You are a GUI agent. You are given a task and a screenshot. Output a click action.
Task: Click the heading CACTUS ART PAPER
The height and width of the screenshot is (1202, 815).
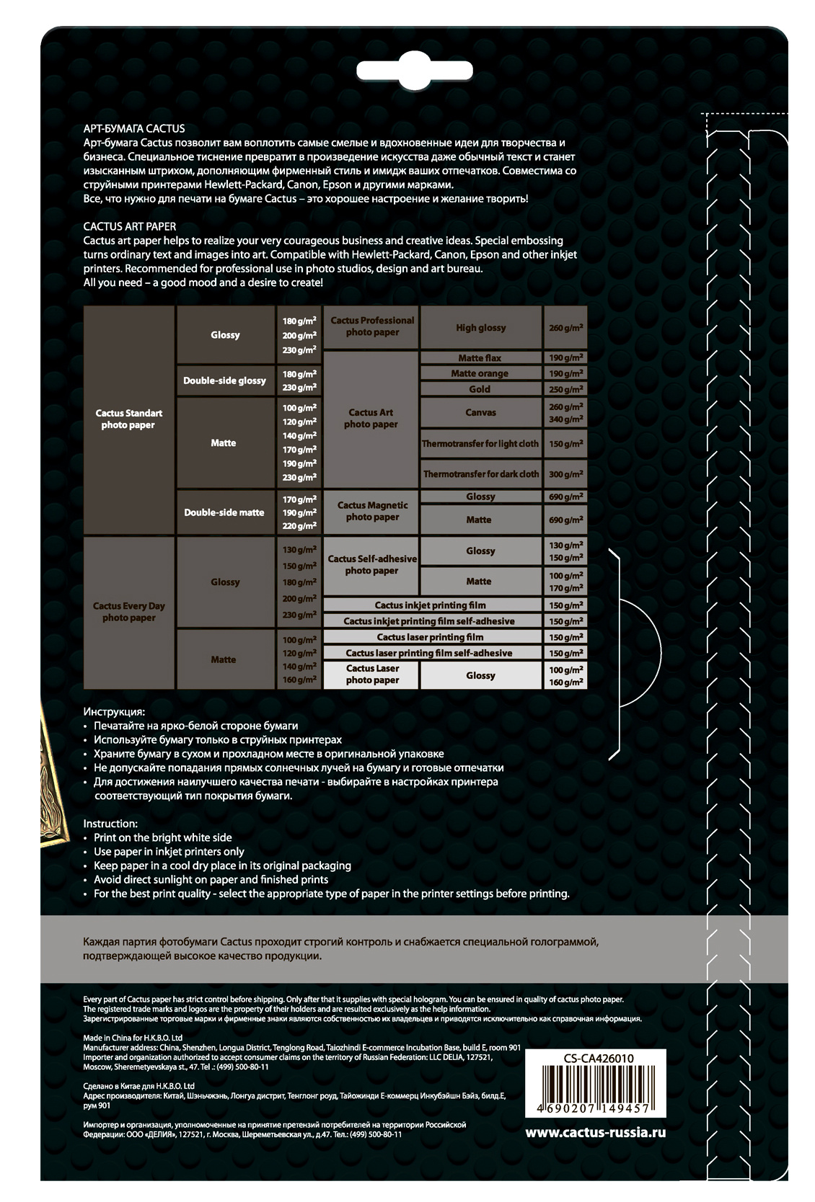129,226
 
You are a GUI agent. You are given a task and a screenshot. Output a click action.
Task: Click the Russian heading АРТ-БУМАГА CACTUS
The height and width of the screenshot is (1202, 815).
134,128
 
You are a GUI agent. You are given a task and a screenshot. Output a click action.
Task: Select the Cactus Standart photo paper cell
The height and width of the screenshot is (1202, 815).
128,419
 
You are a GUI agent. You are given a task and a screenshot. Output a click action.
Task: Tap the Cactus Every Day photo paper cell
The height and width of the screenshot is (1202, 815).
128,612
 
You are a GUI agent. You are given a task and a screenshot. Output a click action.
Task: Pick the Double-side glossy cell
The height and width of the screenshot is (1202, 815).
224,380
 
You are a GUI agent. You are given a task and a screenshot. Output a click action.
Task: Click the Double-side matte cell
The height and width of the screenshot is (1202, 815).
224,512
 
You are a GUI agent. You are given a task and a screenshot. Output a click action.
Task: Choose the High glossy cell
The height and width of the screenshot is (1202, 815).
480,328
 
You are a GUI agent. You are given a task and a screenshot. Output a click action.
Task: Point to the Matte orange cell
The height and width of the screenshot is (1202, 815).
480,373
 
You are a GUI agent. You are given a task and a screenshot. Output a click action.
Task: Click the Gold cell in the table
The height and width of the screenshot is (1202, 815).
480,389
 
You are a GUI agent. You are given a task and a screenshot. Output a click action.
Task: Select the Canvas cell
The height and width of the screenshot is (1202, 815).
480,413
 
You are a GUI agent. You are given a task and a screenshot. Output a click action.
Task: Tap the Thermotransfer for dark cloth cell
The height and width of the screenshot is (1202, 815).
480,474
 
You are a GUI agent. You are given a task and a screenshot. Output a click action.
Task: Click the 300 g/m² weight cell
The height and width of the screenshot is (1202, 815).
565,474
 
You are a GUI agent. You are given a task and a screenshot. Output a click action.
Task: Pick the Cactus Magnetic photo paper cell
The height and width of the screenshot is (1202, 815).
372,511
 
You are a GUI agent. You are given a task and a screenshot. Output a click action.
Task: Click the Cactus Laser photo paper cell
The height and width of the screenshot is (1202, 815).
372,675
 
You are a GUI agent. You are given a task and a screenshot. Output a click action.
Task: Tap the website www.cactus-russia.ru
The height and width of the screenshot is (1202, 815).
595,1132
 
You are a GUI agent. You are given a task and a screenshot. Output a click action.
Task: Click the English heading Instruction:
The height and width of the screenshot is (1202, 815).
110,824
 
